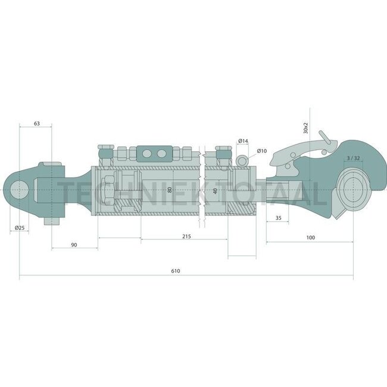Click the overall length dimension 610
[175, 271]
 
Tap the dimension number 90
[74, 245]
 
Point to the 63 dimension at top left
[37, 123]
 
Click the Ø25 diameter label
[20, 228]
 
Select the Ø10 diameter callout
[263, 152]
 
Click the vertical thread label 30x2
[305, 125]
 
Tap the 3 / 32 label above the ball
[352, 158]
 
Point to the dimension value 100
[310, 238]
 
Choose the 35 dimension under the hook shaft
[278, 219]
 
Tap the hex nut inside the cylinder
[107, 190]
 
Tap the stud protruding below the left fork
[52, 220]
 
